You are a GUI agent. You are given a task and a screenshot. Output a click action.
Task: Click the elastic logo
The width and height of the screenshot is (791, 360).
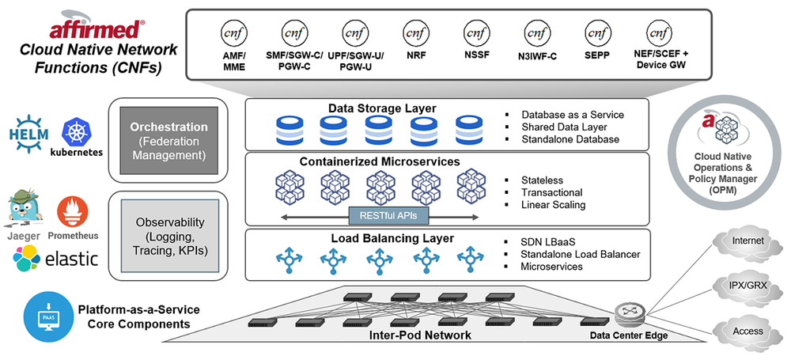tap(55, 258)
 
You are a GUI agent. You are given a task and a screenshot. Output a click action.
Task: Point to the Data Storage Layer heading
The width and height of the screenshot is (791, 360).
tap(382, 108)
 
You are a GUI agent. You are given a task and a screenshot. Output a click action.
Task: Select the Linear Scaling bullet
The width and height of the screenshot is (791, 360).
tap(552, 205)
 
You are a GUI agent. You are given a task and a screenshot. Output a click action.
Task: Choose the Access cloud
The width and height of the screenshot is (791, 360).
tap(747, 331)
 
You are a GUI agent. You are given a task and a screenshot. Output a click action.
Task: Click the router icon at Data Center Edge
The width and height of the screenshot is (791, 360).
tap(629, 314)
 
